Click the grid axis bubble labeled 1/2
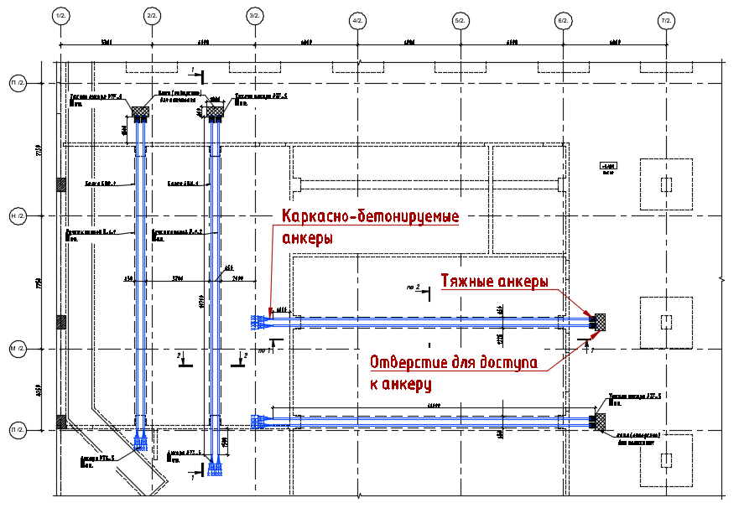(60, 17)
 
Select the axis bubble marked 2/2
(152, 17)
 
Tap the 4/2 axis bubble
(357, 20)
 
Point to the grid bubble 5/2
(460, 20)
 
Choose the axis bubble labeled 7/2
(667, 20)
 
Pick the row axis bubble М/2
(17, 348)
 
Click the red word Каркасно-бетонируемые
(370, 217)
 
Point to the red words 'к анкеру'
(401, 385)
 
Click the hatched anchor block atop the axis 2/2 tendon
(140, 111)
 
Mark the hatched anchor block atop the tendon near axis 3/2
(215, 111)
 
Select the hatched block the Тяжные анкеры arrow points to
(600, 322)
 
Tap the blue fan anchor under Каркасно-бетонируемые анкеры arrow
(259, 322)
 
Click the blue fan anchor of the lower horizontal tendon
(259, 420)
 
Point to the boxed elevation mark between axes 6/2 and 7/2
(607, 168)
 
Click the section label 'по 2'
(411, 288)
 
